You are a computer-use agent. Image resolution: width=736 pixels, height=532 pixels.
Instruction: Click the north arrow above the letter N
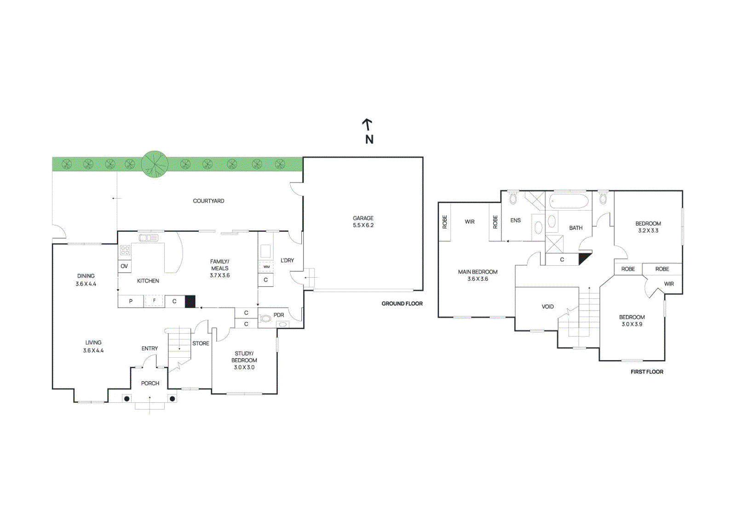tap(367, 124)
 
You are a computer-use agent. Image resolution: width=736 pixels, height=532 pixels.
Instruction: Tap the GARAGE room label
tap(363, 218)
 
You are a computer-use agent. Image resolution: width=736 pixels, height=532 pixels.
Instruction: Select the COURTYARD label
tap(208, 201)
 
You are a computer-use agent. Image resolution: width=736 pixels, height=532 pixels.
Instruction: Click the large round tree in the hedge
tap(155, 164)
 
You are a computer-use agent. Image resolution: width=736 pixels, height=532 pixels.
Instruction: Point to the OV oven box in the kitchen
tap(124, 266)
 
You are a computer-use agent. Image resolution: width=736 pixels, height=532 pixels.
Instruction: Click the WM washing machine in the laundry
tap(266, 267)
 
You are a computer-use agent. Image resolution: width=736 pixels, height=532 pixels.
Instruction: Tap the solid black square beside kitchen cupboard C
tap(190, 301)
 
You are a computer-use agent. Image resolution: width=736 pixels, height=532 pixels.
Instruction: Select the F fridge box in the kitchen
tap(155, 301)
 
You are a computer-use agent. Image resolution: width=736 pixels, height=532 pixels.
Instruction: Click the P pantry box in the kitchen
tap(131, 301)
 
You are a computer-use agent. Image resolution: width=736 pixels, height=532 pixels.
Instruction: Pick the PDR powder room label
tap(279, 315)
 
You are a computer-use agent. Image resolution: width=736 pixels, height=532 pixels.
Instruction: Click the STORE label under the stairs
tap(201, 343)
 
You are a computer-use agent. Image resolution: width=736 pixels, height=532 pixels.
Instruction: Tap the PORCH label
tap(150, 383)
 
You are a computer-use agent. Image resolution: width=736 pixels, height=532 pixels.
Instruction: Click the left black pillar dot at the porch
tap(127, 399)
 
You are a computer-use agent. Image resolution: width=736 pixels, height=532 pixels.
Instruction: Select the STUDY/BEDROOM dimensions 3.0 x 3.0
tap(244, 367)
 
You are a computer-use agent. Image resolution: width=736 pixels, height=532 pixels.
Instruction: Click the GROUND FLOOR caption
tap(402, 303)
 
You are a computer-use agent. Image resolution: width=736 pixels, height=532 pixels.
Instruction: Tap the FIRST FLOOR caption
tap(647, 372)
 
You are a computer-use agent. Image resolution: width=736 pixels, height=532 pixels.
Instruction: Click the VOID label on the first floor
tap(547, 307)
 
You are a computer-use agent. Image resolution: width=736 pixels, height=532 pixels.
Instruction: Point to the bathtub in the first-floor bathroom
tap(569, 201)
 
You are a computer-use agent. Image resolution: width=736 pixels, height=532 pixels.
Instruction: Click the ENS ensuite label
tap(515, 220)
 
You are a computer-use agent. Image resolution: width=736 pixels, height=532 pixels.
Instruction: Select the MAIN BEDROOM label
tap(477, 272)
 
